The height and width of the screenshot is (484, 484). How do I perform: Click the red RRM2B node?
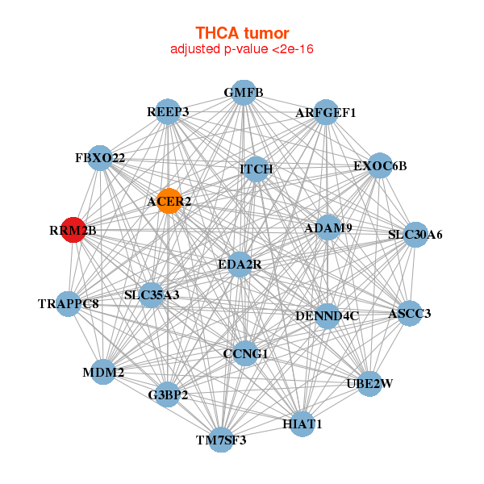click(x=73, y=230)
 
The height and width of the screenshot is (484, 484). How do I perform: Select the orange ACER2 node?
click(x=169, y=201)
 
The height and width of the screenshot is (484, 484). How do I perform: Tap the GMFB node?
click(x=244, y=92)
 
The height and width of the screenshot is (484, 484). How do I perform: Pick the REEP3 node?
click(x=168, y=112)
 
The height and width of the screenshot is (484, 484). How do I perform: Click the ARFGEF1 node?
click(x=326, y=112)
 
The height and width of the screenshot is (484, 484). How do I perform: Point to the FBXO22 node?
click(x=100, y=158)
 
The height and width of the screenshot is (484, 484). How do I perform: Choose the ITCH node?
click(x=257, y=169)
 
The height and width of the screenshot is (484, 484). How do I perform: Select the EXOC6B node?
click(x=380, y=165)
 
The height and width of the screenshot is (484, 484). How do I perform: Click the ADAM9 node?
click(x=328, y=227)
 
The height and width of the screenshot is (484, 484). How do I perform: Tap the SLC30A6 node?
click(x=415, y=235)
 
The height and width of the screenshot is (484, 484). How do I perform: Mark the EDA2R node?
click(x=240, y=265)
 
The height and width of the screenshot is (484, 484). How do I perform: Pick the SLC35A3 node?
click(x=151, y=294)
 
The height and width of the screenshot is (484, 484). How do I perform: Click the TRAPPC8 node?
click(x=69, y=304)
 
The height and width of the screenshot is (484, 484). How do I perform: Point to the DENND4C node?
click(x=328, y=315)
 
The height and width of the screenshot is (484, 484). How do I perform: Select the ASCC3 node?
click(x=410, y=313)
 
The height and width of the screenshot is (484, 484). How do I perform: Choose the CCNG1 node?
click(x=245, y=353)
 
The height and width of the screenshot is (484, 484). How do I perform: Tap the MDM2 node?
click(x=103, y=372)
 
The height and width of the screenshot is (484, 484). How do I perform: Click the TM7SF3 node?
click(x=221, y=440)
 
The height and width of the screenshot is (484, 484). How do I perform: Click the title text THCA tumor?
click(x=242, y=33)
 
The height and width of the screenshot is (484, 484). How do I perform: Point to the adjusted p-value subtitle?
click(x=242, y=49)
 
